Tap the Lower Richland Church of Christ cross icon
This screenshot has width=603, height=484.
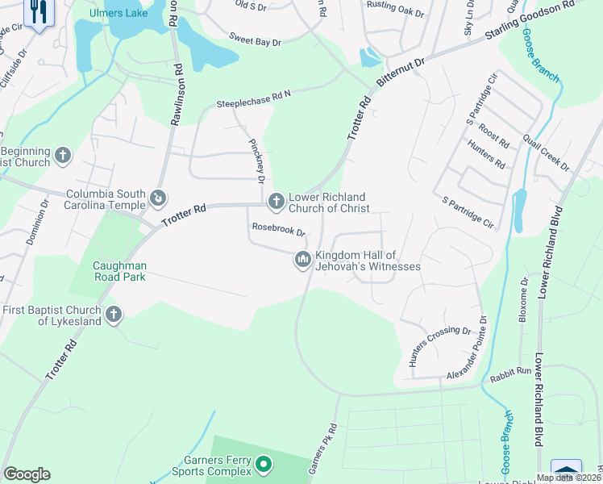click(x=276, y=200)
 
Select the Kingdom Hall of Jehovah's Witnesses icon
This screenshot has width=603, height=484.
click(x=302, y=259)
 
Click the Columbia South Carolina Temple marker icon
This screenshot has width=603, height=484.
click(x=158, y=196)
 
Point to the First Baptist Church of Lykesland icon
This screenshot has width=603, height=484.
click(x=113, y=313)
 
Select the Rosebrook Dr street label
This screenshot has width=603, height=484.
click(x=278, y=230)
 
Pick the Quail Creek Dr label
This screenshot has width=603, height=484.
click(x=547, y=152)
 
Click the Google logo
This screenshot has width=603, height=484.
click(x=27, y=474)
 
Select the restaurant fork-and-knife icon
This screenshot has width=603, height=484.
click(x=39, y=12)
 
